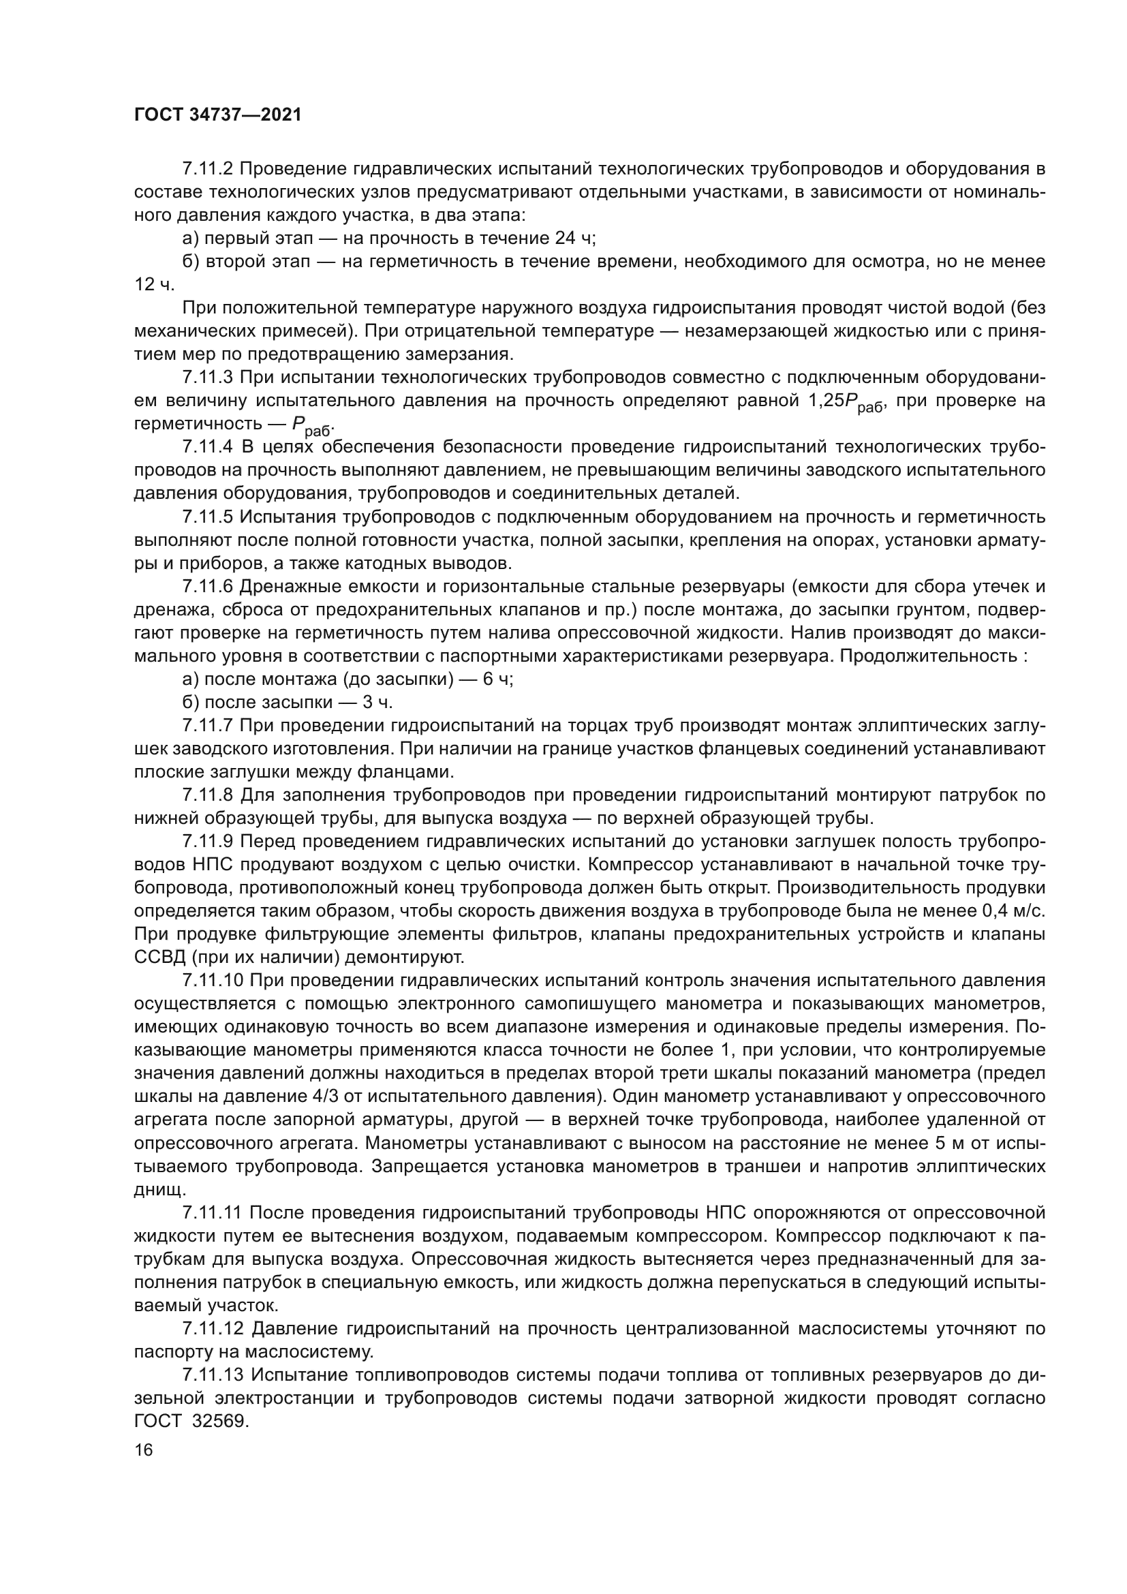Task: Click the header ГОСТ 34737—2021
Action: point(218,115)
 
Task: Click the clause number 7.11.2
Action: point(209,169)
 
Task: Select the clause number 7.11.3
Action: point(209,378)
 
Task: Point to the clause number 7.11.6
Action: point(209,587)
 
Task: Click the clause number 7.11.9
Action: point(209,842)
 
